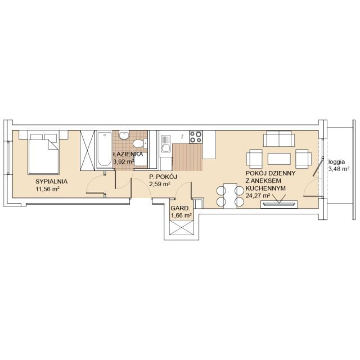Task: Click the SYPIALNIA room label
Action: pos(51,181)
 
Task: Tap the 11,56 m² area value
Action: pos(47,189)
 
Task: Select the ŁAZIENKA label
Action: pos(128,154)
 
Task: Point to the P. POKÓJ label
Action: pos(163,177)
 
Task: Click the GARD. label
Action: pos(181,209)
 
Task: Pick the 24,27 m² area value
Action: pos(258,196)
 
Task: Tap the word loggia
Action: pos(336,161)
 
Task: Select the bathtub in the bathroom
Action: pos(104,149)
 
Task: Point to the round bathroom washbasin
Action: pos(124,135)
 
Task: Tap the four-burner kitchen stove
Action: pos(196,137)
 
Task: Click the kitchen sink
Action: pos(166,144)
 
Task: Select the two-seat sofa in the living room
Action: pos(279,139)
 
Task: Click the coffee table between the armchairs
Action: pos(279,159)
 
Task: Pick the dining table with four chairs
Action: pos(230,196)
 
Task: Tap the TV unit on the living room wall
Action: pos(279,204)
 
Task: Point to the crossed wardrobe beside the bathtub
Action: pos(87,150)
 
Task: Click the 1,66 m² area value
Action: pos(181,215)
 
